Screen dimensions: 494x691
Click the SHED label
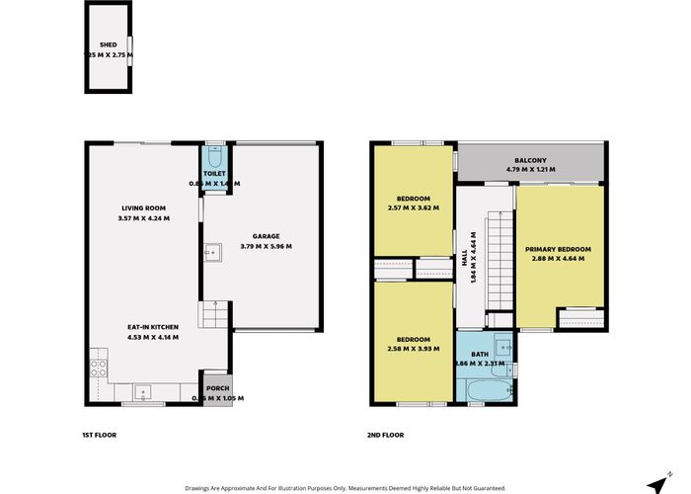click(108, 44)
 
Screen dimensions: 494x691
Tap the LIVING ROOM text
click(137, 207)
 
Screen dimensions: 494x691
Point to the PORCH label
click(217, 388)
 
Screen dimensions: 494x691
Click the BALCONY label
click(530, 161)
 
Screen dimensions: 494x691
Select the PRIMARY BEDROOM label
click(558, 248)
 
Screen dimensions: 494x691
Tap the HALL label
click(465, 257)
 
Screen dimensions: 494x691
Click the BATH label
click(480, 354)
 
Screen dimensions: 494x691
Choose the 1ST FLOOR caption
click(102, 435)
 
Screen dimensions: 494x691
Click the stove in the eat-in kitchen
click(99, 368)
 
